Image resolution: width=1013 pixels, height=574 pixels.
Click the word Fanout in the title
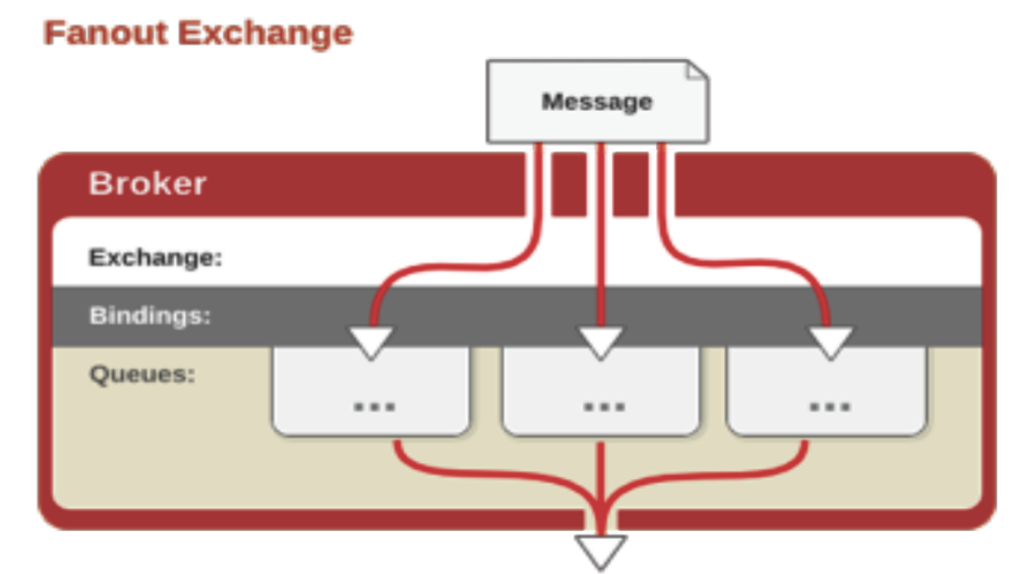click(x=106, y=33)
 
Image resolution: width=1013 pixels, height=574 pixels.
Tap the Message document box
click(x=597, y=101)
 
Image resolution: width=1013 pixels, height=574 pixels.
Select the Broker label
click(x=148, y=184)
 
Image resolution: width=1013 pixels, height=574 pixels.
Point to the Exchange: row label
click(x=155, y=258)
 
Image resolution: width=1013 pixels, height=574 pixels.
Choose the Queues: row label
click(x=142, y=374)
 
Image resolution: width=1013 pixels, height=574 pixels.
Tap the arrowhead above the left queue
click(x=372, y=342)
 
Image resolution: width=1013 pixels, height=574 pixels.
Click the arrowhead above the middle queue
click(x=600, y=342)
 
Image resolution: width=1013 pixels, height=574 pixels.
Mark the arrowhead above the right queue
click(x=831, y=342)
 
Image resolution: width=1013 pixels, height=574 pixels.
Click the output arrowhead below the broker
click(x=600, y=549)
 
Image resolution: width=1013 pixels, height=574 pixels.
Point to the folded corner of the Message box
click(x=696, y=70)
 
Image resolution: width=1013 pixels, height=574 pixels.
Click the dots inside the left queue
click(x=374, y=404)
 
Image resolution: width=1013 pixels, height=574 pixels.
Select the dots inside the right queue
click(x=829, y=404)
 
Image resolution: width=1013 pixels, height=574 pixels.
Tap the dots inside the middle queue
click(x=602, y=404)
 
